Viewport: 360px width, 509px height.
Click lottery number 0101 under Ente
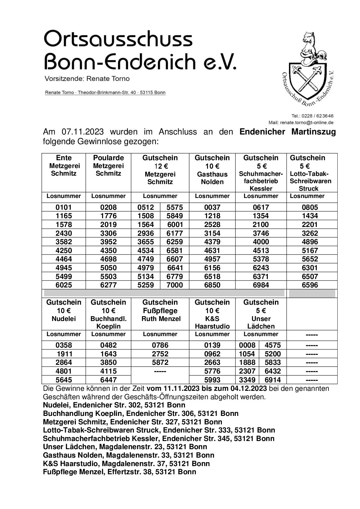(64, 207)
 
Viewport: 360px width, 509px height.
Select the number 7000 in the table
(175, 285)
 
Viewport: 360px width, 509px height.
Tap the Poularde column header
(108, 158)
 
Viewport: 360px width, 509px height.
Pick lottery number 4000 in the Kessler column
(261, 242)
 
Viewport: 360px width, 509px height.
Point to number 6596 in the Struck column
(310, 285)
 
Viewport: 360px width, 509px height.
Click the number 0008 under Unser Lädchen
(247, 345)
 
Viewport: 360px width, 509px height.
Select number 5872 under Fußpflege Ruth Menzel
(160, 362)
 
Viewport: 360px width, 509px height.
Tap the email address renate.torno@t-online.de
(306, 122)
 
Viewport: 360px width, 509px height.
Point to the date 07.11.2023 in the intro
(83, 132)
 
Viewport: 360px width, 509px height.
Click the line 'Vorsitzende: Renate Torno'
(87, 79)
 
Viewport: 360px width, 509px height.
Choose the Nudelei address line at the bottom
(114, 405)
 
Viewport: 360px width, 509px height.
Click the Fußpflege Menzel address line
(119, 472)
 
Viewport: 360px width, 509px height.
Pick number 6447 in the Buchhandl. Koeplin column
(108, 380)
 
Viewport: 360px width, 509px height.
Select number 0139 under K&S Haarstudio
(212, 345)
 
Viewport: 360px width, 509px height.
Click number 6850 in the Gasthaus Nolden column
(212, 285)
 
